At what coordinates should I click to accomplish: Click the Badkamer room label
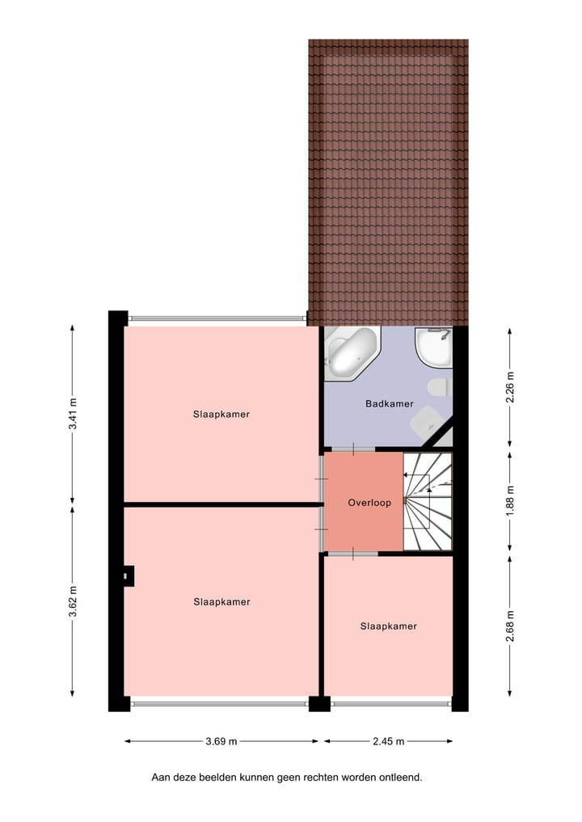pyautogui.click(x=389, y=403)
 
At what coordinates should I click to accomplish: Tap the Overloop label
pyautogui.click(x=369, y=503)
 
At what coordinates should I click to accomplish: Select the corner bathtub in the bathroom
pyautogui.click(x=351, y=353)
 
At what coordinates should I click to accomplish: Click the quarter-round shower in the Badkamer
pyautogui.click(x=435, y=347)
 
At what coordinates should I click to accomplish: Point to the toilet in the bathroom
pyautogui.click(x=440, y=386)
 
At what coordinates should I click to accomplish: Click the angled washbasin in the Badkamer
pyautogui.click(x=425, y=420)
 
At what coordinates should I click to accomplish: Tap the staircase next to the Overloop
pyautogui.click(x=428, y=501)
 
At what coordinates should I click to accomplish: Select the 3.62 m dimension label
pyautogui.click(x=73, y=602)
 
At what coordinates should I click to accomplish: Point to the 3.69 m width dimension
pyautogui.click(x=221, y=740)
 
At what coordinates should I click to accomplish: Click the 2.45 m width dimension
pyautogui.click(x=389, y=740)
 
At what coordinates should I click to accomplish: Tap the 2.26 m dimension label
pyautogui.click(x=509, y=386)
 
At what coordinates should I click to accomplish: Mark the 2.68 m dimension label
pyautogui.click(x=509, y=626)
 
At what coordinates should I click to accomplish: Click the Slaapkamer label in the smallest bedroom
pyautogui.click(x=388, y=626)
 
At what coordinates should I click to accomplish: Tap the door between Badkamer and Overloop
pyautogui.click(x=352, y=449)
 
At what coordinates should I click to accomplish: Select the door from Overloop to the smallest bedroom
pyautogui.click(x=352, y=554)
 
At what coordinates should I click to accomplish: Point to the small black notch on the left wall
pyautogui.click(x=128, y=575)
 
